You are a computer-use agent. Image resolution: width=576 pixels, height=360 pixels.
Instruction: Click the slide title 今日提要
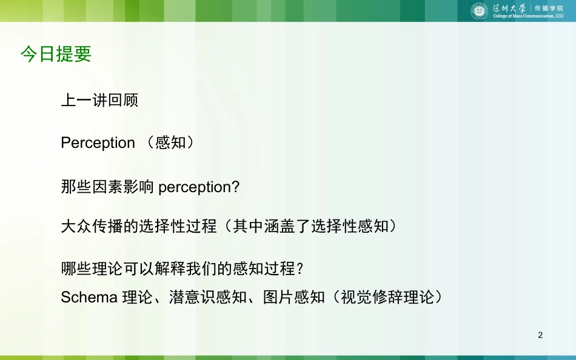56,54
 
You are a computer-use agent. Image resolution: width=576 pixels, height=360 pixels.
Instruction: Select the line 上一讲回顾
99,100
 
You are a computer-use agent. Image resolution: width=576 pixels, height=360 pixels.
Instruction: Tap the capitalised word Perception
98,143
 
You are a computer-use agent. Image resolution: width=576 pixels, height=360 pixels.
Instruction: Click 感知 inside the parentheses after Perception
170,142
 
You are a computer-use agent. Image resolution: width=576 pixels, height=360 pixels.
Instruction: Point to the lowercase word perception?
199,187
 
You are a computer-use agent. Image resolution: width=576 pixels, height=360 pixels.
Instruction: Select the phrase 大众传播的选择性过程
139,226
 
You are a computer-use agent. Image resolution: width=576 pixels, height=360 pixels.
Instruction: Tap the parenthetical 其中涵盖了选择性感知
310,226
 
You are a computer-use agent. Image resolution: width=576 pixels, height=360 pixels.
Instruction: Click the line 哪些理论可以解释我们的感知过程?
183,268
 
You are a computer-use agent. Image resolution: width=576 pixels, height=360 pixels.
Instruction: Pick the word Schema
89,297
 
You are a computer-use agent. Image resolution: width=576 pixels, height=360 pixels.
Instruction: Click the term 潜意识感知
208,297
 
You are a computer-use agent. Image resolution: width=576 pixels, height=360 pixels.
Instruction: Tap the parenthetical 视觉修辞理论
387,297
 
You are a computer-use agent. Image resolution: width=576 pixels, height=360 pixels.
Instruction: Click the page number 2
540,335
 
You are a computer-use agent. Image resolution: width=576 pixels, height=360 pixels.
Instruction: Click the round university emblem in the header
479,11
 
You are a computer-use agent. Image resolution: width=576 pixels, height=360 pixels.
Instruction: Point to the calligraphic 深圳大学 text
509,8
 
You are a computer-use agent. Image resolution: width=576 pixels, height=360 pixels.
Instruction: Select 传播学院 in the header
549,8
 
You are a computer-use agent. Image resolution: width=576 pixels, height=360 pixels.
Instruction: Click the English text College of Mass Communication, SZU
528,16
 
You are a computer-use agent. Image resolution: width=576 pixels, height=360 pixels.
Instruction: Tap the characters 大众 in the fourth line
76,226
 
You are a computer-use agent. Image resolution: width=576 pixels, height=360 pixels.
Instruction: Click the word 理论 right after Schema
138,297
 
